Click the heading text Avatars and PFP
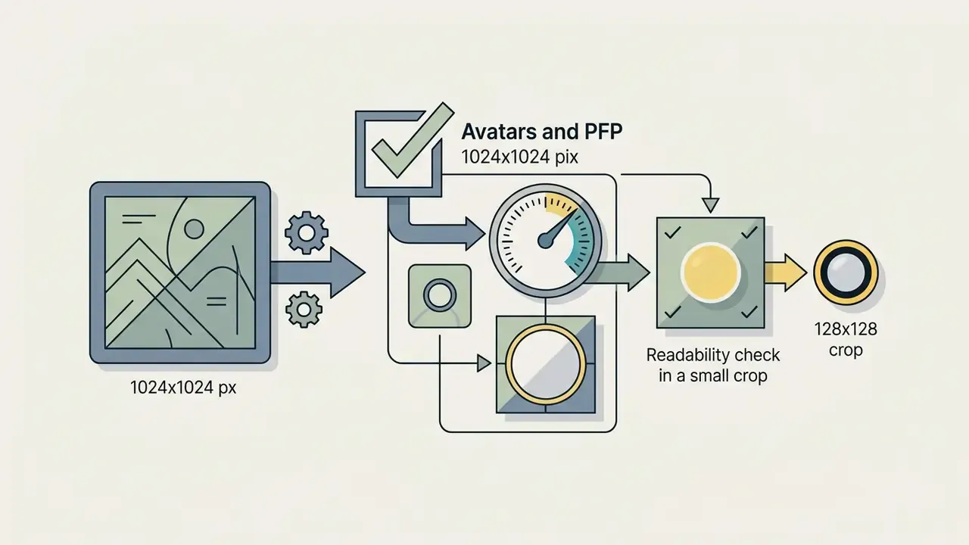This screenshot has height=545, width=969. click(x=541, y=132)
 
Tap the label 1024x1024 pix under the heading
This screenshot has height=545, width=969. click(x=519, y=157)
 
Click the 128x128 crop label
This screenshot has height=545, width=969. click(x=846, y=339)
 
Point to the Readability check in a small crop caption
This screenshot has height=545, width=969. click(x=713, y=365)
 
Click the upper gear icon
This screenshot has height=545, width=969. click(x=307, y=232)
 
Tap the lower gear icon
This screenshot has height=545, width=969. click(x=304, y=310)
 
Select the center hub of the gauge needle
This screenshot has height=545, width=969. click(x=545, y=241)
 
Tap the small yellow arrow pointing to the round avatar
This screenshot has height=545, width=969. click(x=786, y=272)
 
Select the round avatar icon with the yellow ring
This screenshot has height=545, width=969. click(x=846, y=273)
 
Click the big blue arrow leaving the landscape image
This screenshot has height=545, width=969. click(x=318, y=272)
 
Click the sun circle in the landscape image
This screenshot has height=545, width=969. click(x=194, y=229)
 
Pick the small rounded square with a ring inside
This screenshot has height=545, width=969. click(x=440, y=296)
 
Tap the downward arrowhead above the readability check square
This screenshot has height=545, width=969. click(x=710, y=205)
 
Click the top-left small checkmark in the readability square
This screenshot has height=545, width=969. click(x=673, y=232)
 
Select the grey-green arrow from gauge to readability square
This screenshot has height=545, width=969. click(x=618, y=272)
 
